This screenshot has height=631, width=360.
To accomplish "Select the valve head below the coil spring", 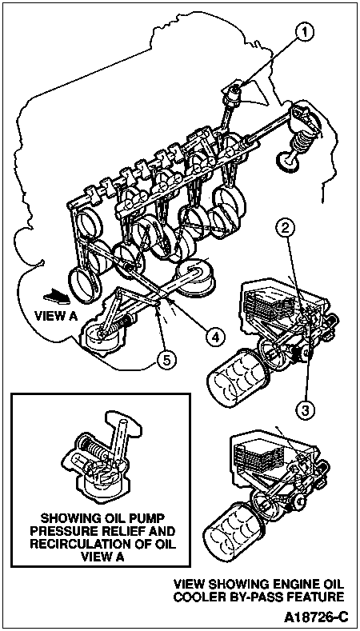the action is [x=288, y=162].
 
